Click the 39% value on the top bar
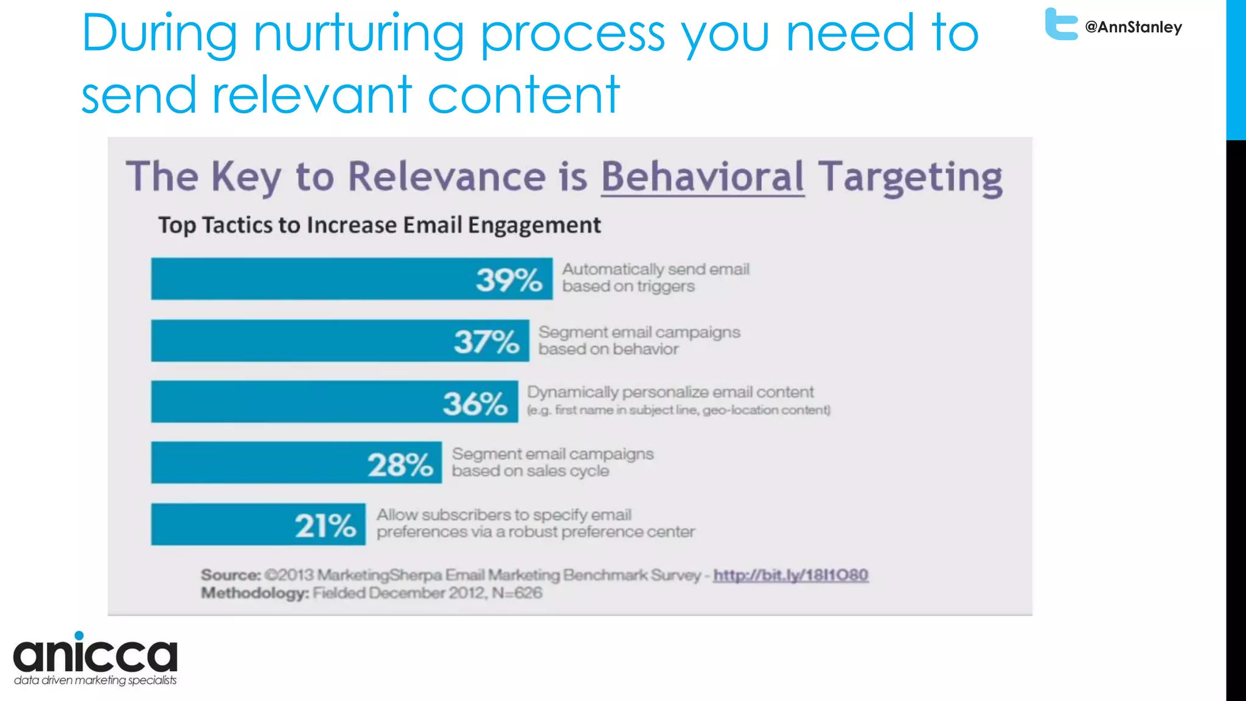tap(509, 280)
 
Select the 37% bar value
tap(486, 341)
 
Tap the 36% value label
tap(475, 403)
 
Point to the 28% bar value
tap(400, 465)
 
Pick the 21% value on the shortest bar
tap(325, 526)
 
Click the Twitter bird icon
tap(1060, 24)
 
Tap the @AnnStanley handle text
tap(1133, 27)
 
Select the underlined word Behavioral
tap(703, 177)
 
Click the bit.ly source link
tap(790, 575)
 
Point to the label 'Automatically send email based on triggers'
tap(655, 277)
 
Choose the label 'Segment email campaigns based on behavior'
tap(639, 340)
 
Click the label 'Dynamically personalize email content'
tap(670, 392)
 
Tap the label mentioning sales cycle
tap(552, 462)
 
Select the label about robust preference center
tap(535, 523)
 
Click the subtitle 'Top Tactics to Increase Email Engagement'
tap(379, 225)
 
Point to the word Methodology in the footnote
tap(255, 593)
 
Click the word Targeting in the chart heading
tap(910, 177)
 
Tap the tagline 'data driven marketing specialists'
tap(96, 680)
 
